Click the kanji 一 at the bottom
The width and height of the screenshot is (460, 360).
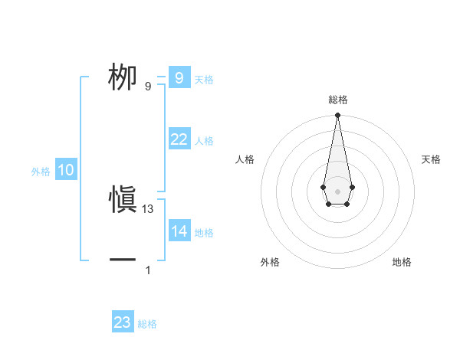[x=123, y=260]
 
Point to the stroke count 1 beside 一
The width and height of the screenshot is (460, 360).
[x=148, y=270]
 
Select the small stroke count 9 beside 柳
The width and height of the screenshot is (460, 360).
[x=148, y=87]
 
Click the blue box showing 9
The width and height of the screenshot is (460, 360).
[x=179, y=77]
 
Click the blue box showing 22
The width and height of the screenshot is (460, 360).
[x=179, y=139]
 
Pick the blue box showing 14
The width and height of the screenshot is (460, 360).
[x=179, y=231]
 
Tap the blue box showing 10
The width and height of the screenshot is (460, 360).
[x=66, y=170]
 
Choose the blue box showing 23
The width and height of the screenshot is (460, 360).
[x=122, y=322]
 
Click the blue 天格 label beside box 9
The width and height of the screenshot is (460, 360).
[x=204, y=80]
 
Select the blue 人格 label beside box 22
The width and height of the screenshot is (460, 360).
[x=204, y=142]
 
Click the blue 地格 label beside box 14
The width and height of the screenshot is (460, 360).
[x=204, y=234]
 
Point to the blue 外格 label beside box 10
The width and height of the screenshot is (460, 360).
[x=41, y=172]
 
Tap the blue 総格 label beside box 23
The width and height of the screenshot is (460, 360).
[x=147, y=325]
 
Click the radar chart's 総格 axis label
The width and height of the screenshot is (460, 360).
[x=337, y=100]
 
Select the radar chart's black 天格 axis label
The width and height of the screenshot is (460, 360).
[x=431, y=159]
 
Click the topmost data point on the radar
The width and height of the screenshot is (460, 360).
[x=337, y=116]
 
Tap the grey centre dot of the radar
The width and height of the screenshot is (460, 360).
[x=337, y=190]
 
